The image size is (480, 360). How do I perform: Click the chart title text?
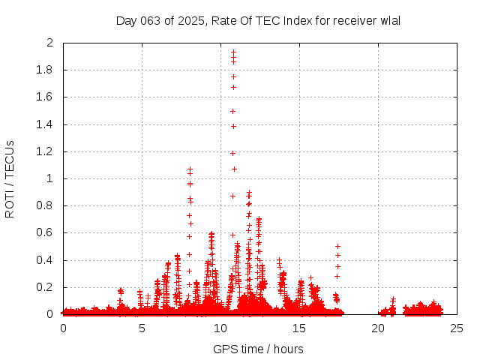pos(258,20)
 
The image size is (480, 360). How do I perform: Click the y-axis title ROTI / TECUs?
pos(10,178)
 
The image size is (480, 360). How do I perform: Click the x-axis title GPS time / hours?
pos(258,349)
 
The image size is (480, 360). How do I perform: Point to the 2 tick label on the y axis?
pos(50,43)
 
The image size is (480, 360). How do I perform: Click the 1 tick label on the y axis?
pos(50,178)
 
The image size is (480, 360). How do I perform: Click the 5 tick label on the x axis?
pos(142,328)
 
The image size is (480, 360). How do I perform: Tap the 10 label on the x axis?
pos(220,328)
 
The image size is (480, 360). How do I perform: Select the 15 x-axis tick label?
pos(299,328)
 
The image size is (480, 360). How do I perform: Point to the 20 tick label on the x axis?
pos(378,328)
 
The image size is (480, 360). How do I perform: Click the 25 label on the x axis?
pos(457,328)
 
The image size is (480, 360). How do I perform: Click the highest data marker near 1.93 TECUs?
pos(233,52)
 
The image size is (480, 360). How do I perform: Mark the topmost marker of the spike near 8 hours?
pos(190,169)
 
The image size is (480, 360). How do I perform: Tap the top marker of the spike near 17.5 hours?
pos(337,246)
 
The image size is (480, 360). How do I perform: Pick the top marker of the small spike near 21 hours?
pos(393,299)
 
